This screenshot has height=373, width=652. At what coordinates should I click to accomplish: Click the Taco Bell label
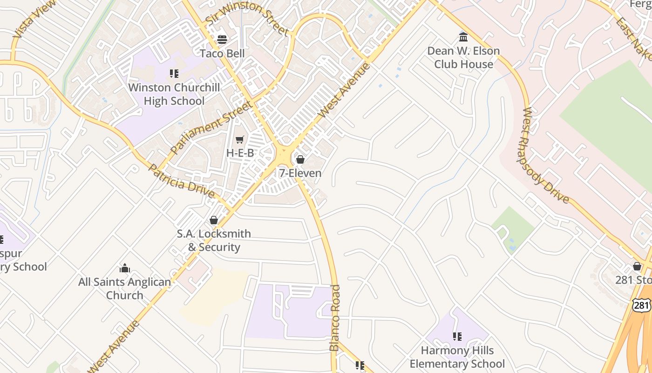tap(222, 54)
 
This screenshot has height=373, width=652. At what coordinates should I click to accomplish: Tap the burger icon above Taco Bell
tap(222, 39)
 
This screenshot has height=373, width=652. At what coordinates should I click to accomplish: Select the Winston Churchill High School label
tap(166, 94)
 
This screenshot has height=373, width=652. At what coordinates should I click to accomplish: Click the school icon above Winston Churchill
tap(174, 73)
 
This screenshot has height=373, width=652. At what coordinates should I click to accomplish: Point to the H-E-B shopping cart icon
tap(240, 139)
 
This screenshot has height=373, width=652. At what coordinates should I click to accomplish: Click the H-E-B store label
tap(240, 153)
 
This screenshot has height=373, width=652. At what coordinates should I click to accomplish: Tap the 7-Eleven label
tap(300, 173)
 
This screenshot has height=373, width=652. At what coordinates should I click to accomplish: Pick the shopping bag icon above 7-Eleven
tap(300, 159)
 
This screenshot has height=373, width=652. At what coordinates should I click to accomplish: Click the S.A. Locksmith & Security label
tap(214, 241)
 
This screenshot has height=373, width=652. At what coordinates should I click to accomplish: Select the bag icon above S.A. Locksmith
tap(214, 220)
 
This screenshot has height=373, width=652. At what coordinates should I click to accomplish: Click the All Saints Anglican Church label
tap(124, 289)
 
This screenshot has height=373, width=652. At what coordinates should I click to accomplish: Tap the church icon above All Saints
tap(124, 268)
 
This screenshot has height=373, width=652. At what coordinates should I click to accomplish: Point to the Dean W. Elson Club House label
tap(463, 57)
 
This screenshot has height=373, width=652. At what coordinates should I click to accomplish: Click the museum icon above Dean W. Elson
tap(463, 37)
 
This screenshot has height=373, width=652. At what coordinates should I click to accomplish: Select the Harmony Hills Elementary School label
tap(457, 357)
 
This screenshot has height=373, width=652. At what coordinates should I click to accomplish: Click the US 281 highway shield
tap(641, 305)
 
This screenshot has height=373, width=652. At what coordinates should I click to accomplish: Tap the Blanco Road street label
tap(335, 318)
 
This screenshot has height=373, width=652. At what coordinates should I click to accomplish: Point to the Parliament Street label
tap(212, 127)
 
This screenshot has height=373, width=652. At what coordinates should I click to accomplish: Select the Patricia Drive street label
tap(181, 181)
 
